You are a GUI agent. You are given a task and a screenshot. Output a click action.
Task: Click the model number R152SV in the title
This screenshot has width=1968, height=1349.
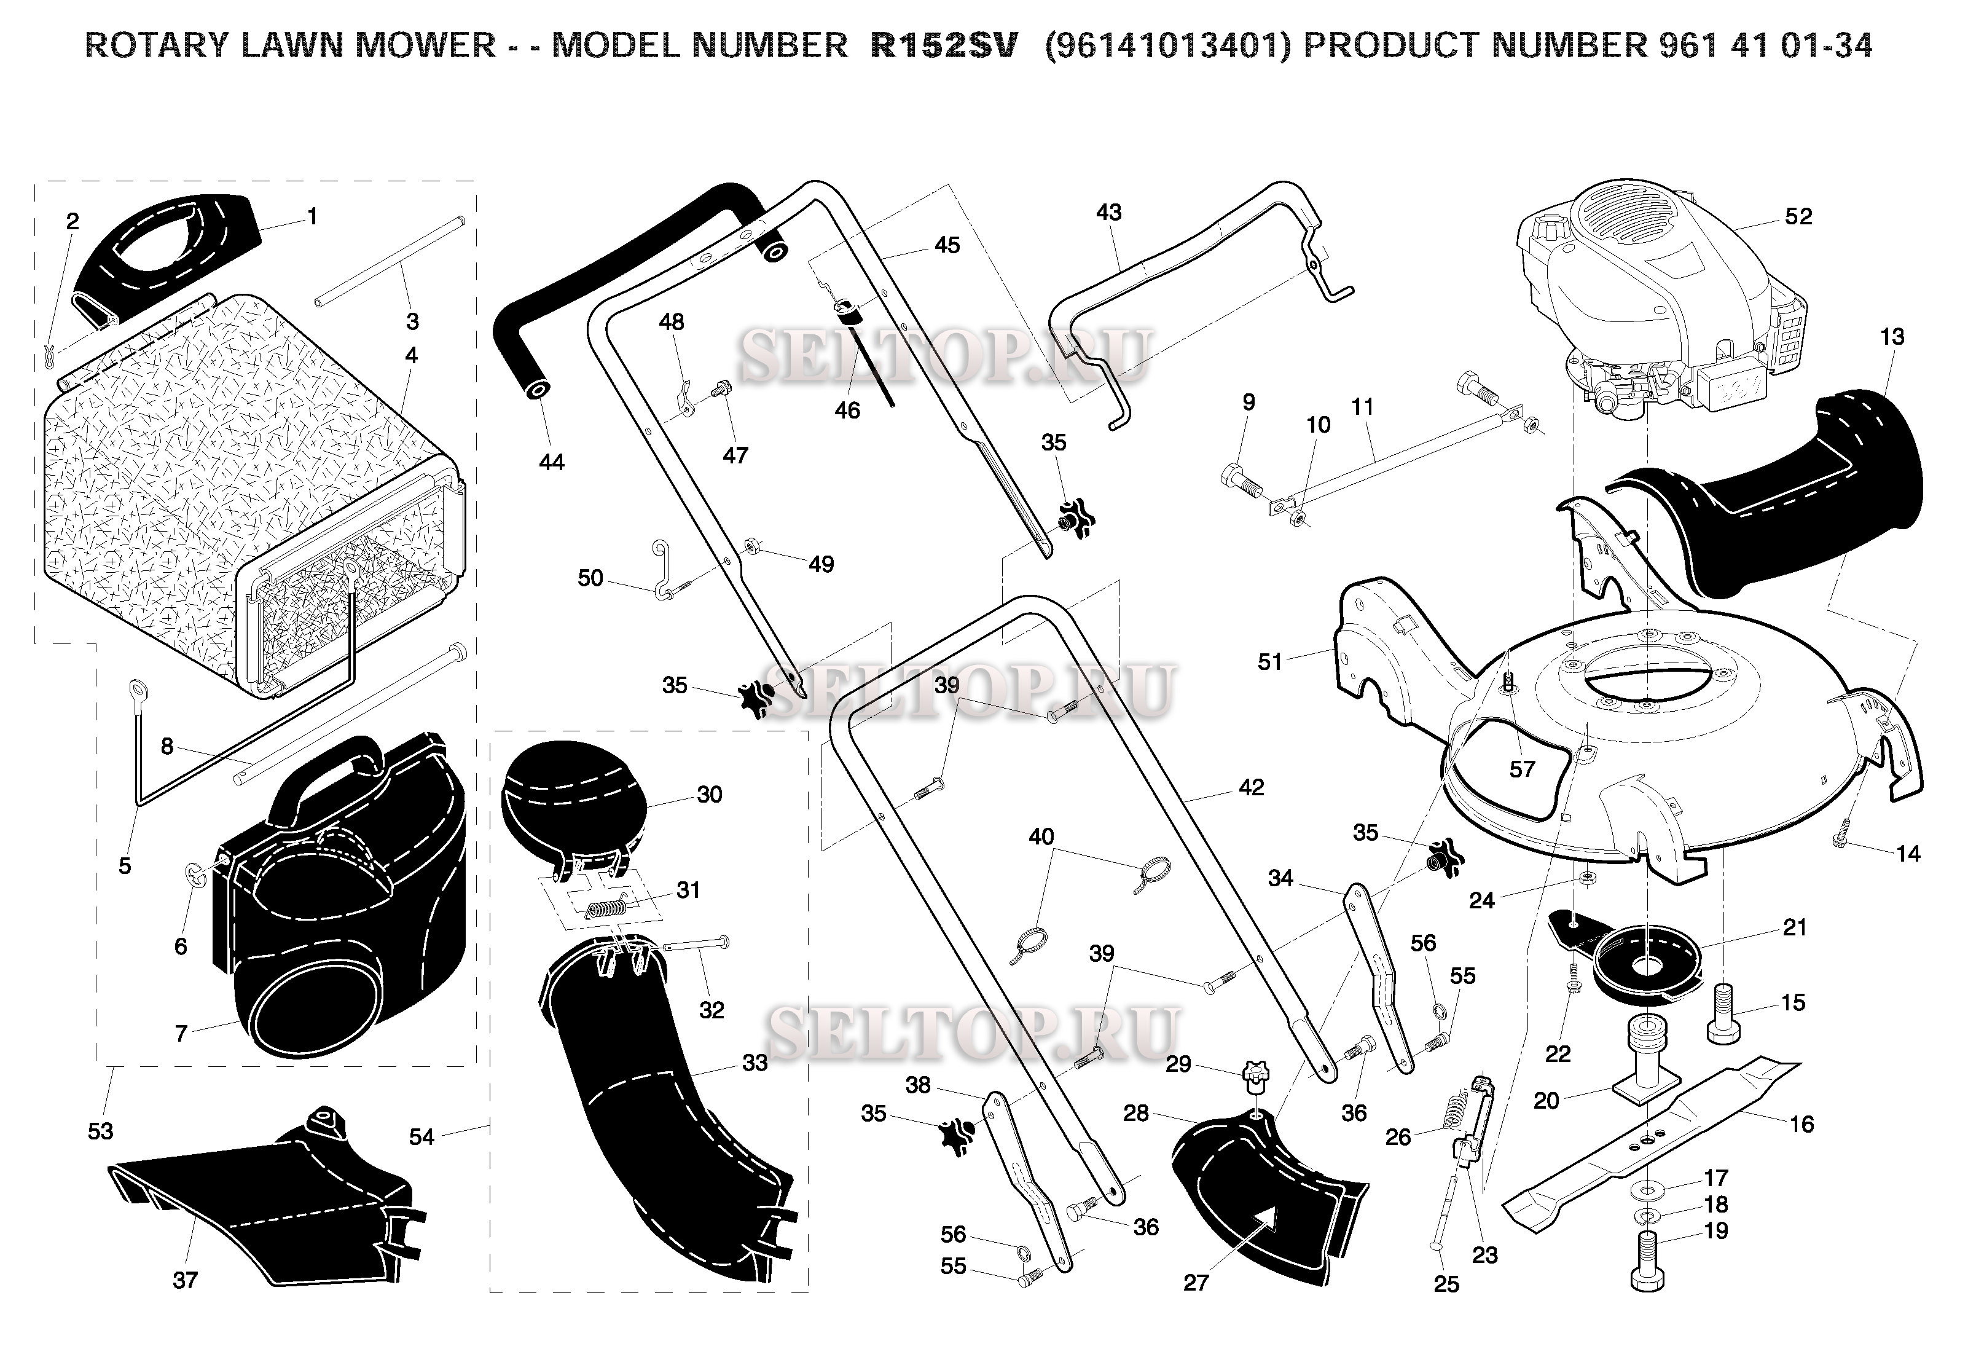(x=943, y=45)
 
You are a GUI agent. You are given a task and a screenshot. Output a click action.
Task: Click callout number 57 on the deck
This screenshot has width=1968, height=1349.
(x=1522, y=769)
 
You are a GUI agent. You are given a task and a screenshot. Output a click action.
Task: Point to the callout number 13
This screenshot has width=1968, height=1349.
(x=1892, y=337)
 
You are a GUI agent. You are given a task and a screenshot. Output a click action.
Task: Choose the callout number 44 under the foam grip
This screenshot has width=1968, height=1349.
(x=551, y=462)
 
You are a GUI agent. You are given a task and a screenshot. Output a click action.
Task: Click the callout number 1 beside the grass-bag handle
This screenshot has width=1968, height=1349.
(x=312, y=217)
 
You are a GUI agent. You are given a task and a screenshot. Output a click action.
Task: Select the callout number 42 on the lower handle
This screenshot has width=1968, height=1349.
(x=1251, y=787)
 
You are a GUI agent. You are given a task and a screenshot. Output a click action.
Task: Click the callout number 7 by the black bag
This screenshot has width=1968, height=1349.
(x=181, y=1034)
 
